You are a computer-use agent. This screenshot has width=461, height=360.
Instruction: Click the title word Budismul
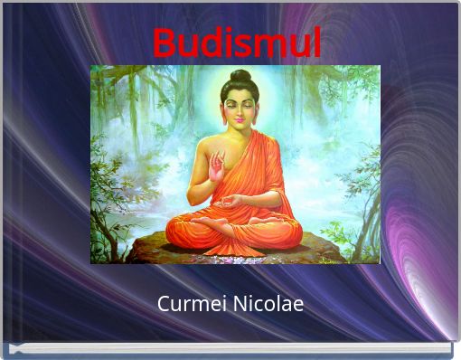(237, 43)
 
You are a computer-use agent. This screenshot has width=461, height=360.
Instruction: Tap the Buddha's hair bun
(240, 77)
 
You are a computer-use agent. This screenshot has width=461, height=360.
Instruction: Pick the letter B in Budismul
(164, 43)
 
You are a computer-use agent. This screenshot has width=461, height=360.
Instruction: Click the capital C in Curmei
(164, 304)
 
